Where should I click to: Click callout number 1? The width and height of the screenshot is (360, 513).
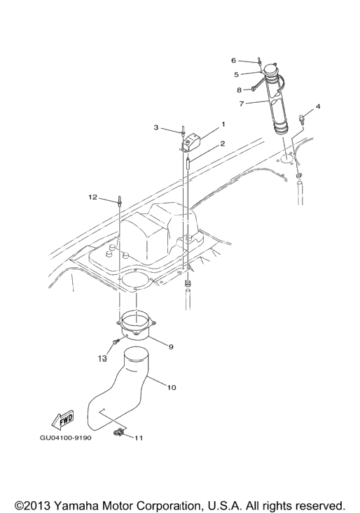(223, 125)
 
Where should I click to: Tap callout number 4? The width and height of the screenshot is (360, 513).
(318, 106)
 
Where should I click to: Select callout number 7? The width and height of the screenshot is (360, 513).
(242, 104)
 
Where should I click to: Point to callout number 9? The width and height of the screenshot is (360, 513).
(170, 347)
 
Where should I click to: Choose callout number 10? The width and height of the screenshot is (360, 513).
(172, 387)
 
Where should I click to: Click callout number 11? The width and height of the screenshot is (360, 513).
(139, 437)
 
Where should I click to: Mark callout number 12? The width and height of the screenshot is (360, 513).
(93, 197)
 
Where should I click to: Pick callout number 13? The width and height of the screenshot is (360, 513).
(103, 358)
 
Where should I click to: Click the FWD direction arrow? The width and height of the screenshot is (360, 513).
(63, 420)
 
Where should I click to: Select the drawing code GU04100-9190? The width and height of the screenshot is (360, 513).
(65, 437)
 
